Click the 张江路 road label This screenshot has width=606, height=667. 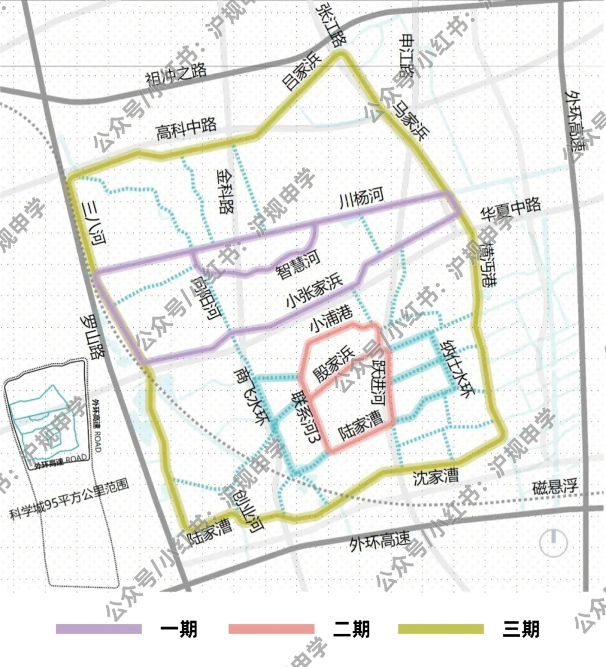(331, 25)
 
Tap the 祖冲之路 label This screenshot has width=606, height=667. (176, 75)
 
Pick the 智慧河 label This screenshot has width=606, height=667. (298, 265)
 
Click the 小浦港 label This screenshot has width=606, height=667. (331, 318)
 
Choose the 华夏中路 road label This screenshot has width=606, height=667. (511, 208)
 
